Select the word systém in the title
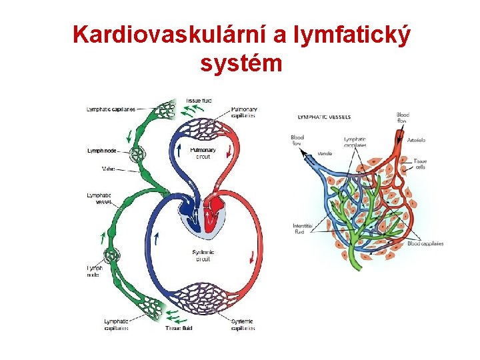click(x=241, y=64)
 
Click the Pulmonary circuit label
click(x=203, y=153)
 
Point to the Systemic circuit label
click(x=203, y=255)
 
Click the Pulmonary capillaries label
click(x=243, y=112)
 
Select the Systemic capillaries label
click(x=242, y=325)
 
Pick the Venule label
click(x=325, y=153)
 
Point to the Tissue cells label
click(x=420, y=164)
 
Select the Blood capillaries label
click(x=425, y=243)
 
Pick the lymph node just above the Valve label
click(x=138, y=155)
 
